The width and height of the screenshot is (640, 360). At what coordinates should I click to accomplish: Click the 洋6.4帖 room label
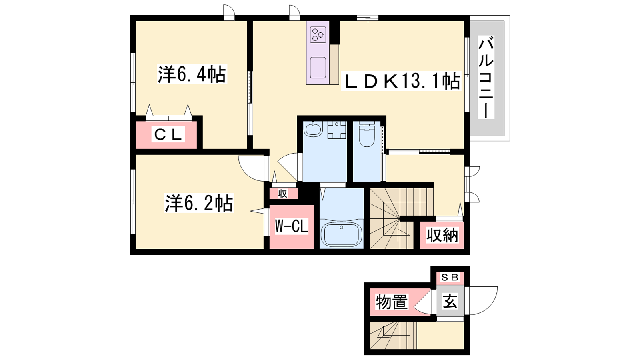click(192, 74)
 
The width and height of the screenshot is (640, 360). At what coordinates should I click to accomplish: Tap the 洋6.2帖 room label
click(199, 203)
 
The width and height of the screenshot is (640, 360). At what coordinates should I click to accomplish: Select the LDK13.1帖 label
click(401, 81)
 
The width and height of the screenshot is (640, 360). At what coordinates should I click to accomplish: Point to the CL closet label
click(168, 134)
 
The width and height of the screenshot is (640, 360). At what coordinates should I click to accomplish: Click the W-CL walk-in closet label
click(292, 226)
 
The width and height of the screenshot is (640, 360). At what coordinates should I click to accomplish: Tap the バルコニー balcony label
click(486, 77)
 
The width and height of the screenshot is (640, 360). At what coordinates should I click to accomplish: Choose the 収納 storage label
click(442, 235)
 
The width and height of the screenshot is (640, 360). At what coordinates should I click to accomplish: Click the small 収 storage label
click(282, 194)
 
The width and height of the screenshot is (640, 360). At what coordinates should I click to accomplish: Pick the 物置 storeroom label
click(392, 302)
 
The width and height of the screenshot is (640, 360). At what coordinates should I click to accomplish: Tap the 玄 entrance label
click(450, 301)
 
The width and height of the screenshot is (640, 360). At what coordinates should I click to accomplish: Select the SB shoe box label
click(450, 277)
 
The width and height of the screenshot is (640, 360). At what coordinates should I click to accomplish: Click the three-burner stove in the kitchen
click(318, 35)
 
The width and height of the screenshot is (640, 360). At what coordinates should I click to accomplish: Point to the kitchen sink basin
click(318, 68)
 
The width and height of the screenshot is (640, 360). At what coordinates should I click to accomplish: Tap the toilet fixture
click(366, 135)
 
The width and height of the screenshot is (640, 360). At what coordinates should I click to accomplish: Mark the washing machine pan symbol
click(336, 130)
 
